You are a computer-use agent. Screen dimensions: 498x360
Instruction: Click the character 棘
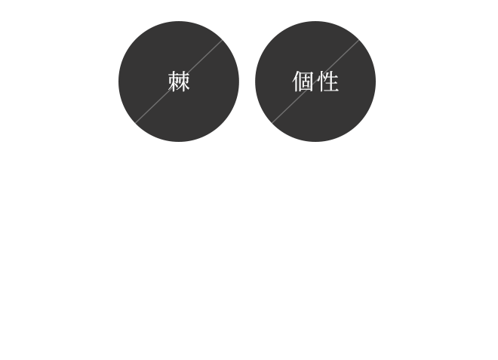pyautogui.click(x=179, y=82)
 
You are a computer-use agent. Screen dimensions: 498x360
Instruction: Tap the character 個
pyautogui.click(x=303, y=82)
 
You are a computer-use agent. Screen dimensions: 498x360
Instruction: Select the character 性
pyautogui.click(x=327, y=82)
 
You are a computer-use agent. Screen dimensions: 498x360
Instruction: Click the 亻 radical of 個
pyautogui.click(x=295, y=82)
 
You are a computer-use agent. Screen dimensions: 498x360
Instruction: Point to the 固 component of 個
pyautogui.click(x=306, y=82)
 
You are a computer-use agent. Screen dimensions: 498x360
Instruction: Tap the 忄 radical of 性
pyautogui.click(x=319, y=82)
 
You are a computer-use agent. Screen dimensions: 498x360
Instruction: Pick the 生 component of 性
pyautogui.click(x=330, y=82)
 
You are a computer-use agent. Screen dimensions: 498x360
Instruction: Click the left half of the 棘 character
pyautogui.click(x=173, y=82)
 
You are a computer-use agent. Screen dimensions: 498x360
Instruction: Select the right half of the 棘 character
pyautogui.click(x=185, y=82)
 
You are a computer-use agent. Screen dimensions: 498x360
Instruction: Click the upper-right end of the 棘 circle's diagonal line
pyautogui.click(x=222, y=40)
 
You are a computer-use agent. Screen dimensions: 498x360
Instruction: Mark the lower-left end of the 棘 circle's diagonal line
pyautogui.click(x=135, y=123)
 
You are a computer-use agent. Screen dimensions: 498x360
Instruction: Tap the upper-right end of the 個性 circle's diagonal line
pyautogui.click(x=359, y=40)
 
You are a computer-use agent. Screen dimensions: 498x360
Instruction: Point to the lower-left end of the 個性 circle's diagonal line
pyautogui.click(x=272, y=123)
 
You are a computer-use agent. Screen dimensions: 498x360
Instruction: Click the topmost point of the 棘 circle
pyautogui.click(x=179, y=21)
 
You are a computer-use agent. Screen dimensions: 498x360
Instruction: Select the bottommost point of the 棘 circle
pyautogui.click(x=179, y=142)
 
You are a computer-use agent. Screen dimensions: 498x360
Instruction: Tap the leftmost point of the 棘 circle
pyautogui.click(x=118, y=82)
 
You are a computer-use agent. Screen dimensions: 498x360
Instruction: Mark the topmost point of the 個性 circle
pyautogui.click(x=315, y=21)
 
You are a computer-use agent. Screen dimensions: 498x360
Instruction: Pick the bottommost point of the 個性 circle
pyautogui.click(x=315, y=142)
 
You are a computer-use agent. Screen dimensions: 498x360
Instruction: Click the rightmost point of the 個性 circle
pyautogui.click(x=376, y=82)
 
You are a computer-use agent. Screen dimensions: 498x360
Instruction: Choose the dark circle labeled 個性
pyautogui.click(x=315, y=82)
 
